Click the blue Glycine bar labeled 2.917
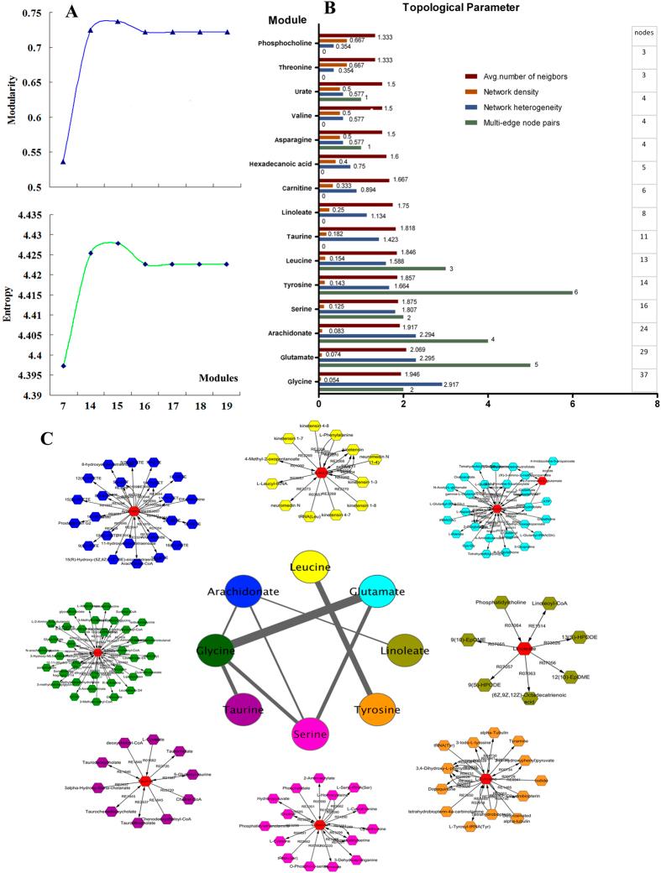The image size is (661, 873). (x=380, y=383)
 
